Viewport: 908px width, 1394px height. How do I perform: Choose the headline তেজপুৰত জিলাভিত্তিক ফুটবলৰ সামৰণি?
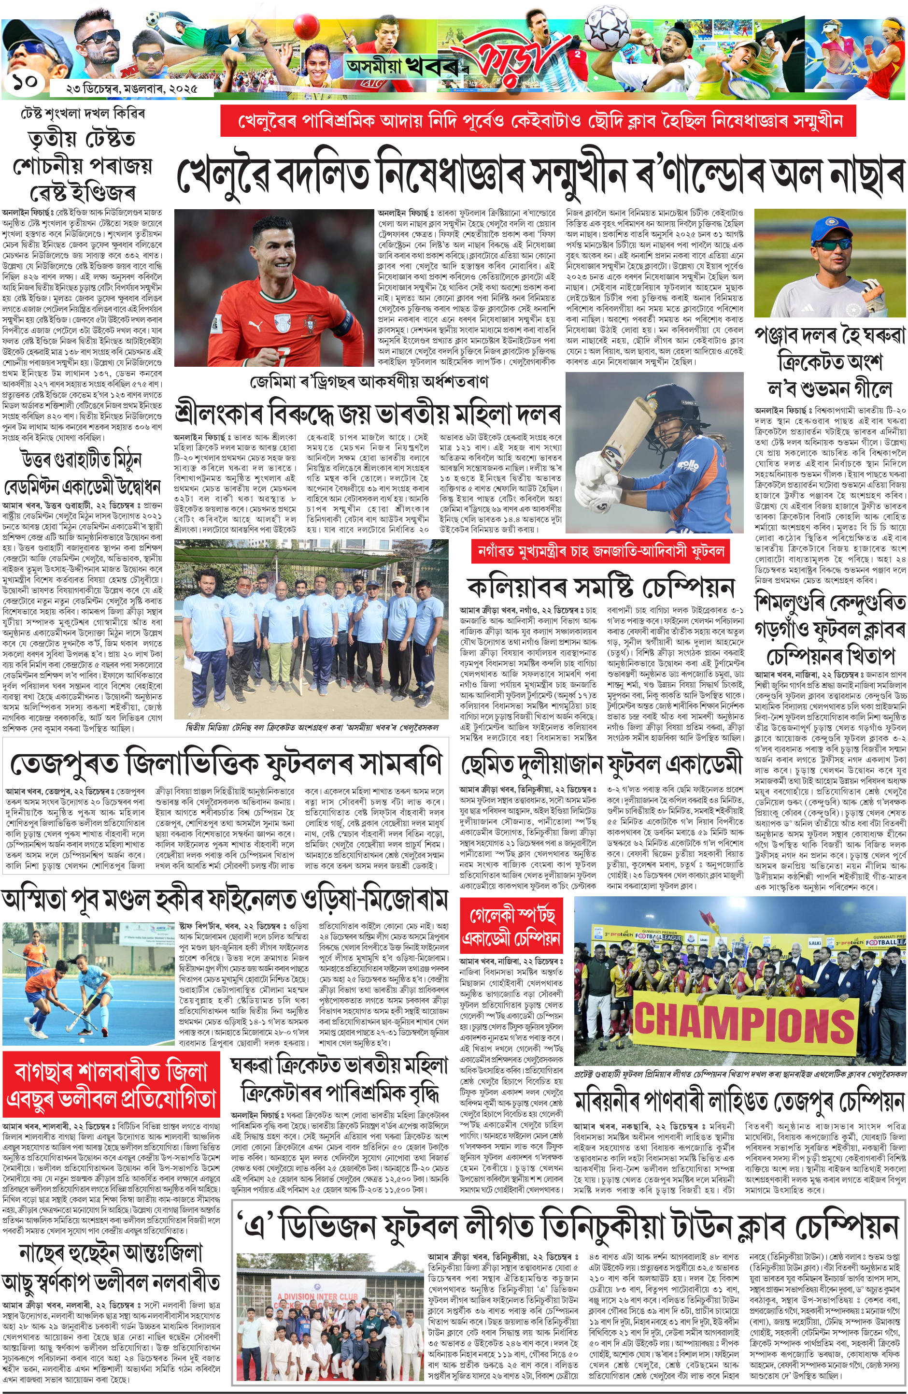tap(226, 764)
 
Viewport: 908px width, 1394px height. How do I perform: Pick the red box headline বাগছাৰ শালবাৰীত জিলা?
tap(111, 1085)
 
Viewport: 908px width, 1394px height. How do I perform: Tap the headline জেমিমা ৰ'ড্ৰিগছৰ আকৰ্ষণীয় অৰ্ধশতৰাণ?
tap(369, 382)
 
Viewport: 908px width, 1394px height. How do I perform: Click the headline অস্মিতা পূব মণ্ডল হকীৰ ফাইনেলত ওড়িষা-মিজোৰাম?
tap(226, 900)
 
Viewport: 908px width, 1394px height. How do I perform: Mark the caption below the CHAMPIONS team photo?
tap(740, 1074)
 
